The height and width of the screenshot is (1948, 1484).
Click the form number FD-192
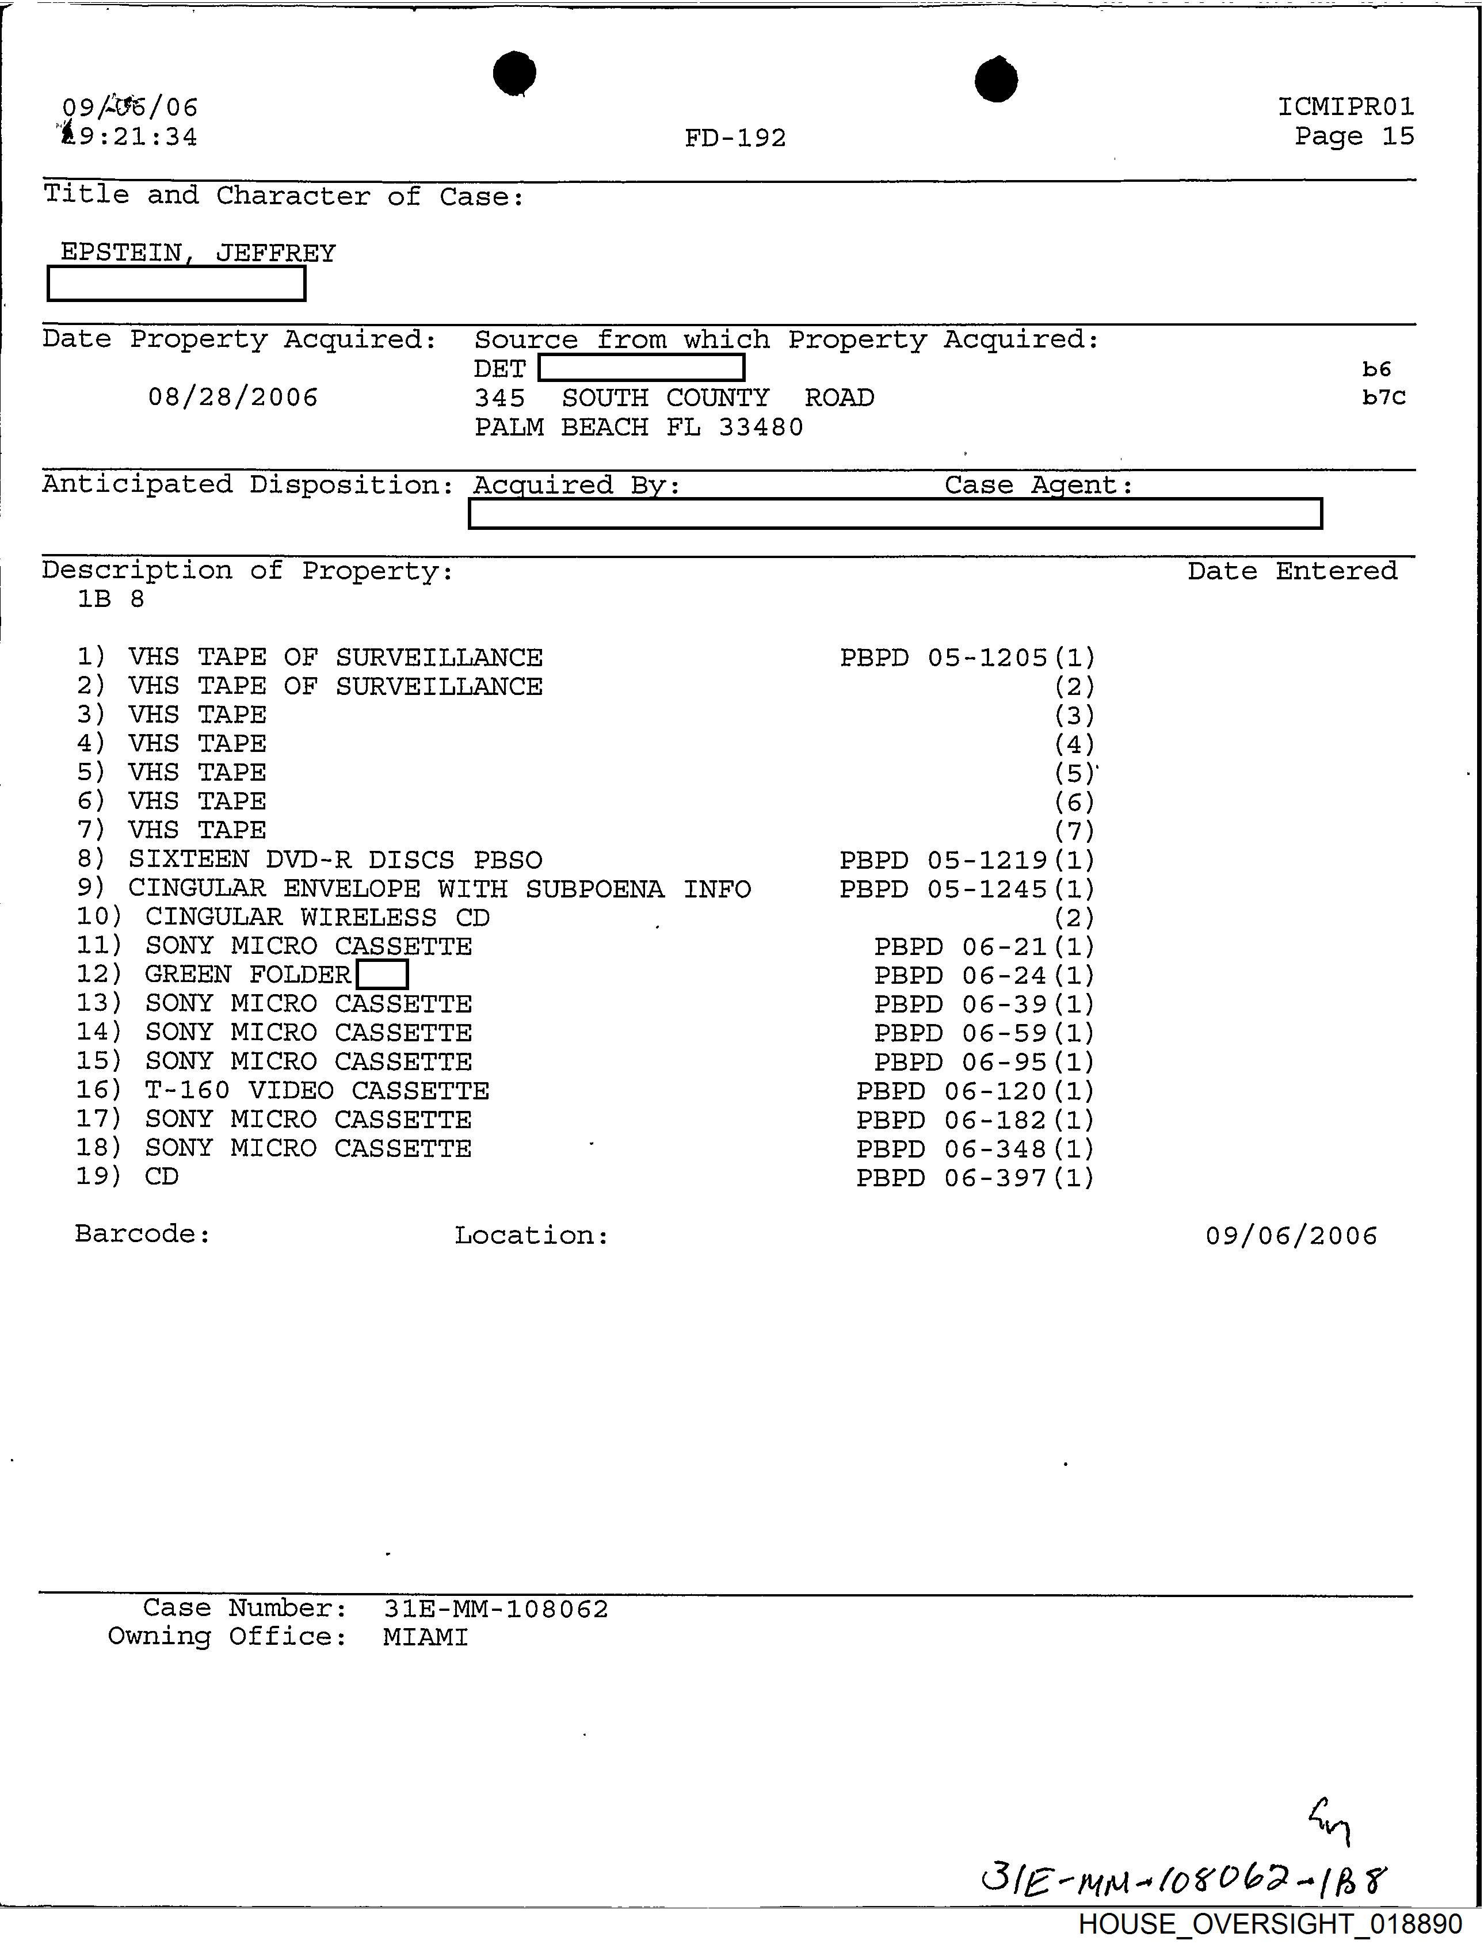(x=735, y=137)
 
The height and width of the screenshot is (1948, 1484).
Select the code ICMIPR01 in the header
(x=1345, y=107)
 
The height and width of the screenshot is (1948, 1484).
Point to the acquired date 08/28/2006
(x=232, y=398)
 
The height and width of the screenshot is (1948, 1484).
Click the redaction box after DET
(x=641, y=368)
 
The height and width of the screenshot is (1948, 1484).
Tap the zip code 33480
(x=761, y=427)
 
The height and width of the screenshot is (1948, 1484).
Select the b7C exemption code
(x=1383, y=398)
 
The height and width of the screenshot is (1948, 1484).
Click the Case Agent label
(x=1038, y=485)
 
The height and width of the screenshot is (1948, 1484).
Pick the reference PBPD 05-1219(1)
(x=966, y=860)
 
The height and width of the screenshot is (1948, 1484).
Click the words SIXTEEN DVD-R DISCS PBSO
(x=335, y=860)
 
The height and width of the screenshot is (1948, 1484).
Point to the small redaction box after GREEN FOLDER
(x=382, y=975)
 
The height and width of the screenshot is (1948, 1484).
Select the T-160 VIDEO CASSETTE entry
(x=316, y=1091)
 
